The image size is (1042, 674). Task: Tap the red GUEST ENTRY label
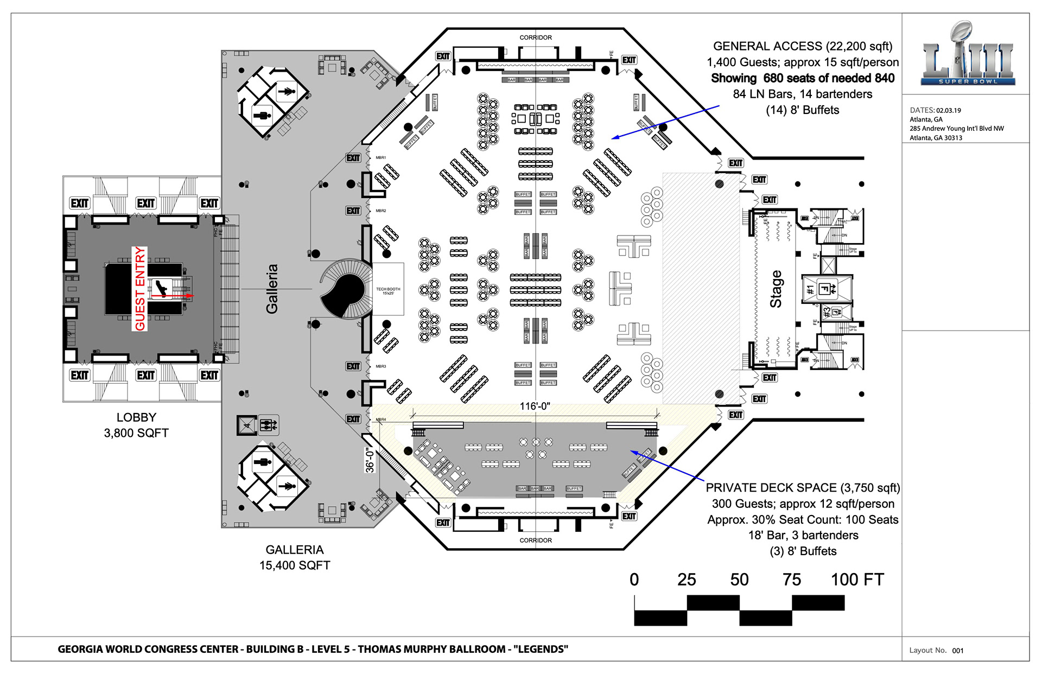point(140,289)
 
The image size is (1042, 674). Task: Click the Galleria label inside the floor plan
point(272,289)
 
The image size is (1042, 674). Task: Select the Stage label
point(776,289)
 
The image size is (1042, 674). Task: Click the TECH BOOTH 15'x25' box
point(388,290)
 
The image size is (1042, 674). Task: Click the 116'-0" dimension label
point(535,406)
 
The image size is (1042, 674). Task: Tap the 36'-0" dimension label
point(370,460)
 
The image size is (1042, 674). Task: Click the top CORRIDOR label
point(536,37)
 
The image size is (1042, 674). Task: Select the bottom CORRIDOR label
point(536,541)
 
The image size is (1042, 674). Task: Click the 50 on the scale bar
point(739,580)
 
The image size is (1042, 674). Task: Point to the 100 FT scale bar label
point(857,580)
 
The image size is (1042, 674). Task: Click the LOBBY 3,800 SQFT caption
point(136,425)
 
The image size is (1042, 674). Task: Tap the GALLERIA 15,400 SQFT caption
point(295,557)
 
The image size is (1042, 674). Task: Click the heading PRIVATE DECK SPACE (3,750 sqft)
point(803,488)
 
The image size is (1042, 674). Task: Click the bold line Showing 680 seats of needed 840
point(803,78)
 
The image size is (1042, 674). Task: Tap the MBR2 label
point(381,211)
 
